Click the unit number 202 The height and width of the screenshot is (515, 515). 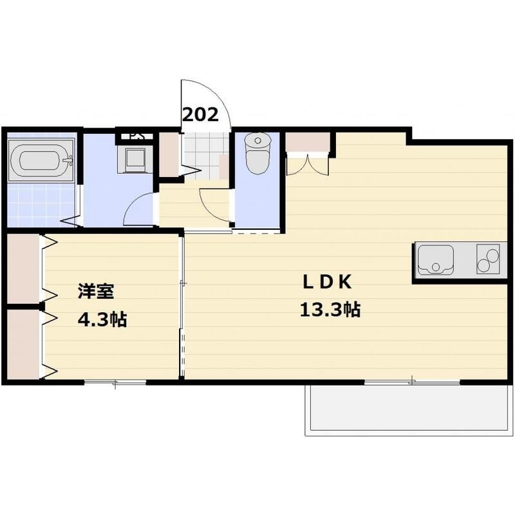[201, 115]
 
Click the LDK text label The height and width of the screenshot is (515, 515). [326, 283]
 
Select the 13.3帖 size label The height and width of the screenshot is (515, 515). [329, 311]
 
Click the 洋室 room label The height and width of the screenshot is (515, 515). [96, 292]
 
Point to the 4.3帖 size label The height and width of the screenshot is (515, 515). [102, 319]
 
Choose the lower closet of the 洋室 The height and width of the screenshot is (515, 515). [24, 344]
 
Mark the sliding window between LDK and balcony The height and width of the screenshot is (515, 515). [412, 383]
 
